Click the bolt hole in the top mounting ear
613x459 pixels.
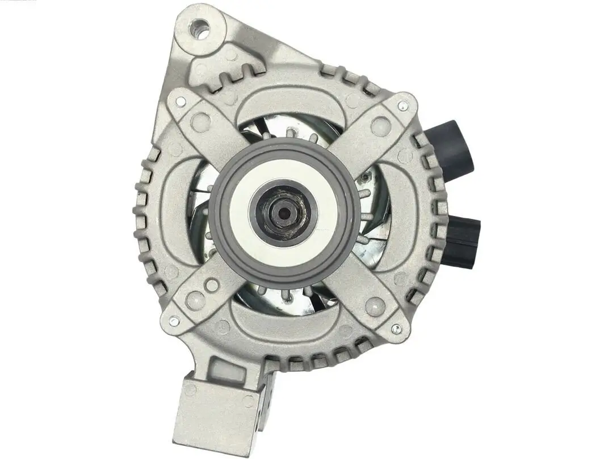(x=200, y=28)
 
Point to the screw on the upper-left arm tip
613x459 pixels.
(x=180, y=102)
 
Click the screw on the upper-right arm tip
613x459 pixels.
(x=402, y=105)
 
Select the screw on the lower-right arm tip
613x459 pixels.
(x=396, y=328)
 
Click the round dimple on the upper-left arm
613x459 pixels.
(x=200, y=122)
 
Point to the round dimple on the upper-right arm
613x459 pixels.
(x=380, y=125)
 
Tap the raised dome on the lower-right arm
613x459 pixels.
(x=375, y=307)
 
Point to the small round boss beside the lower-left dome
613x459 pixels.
(x=212, y=285)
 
